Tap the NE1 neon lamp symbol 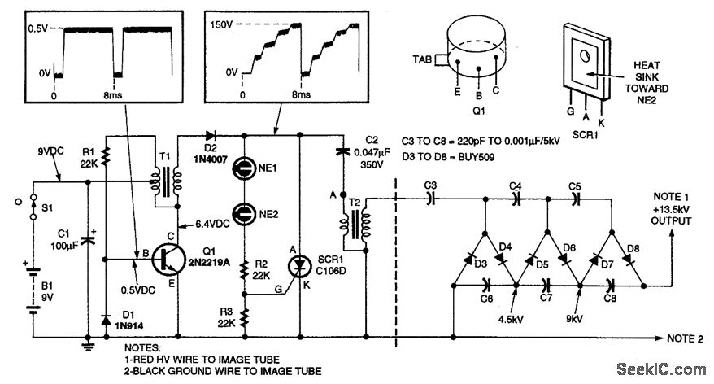[242, 169]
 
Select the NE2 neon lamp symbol [242, 215]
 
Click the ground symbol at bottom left [87, 347]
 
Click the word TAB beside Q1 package [423, 59]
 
